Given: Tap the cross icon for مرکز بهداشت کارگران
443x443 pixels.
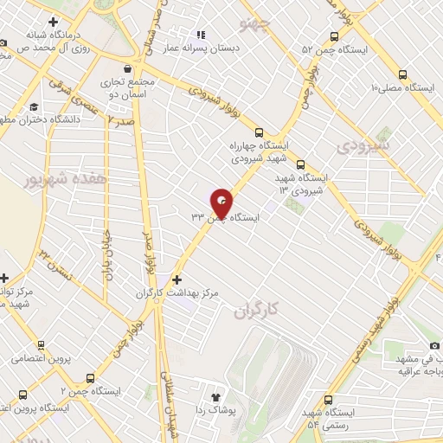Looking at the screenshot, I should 177,279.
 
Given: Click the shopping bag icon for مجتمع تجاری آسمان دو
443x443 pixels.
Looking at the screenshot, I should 128,67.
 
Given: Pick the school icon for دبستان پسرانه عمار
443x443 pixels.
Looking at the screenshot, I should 201,35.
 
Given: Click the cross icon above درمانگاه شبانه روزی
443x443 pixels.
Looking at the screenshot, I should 55,21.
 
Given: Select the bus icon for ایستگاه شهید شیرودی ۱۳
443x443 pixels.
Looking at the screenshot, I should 300,164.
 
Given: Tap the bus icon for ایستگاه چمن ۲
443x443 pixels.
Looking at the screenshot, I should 91,378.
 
